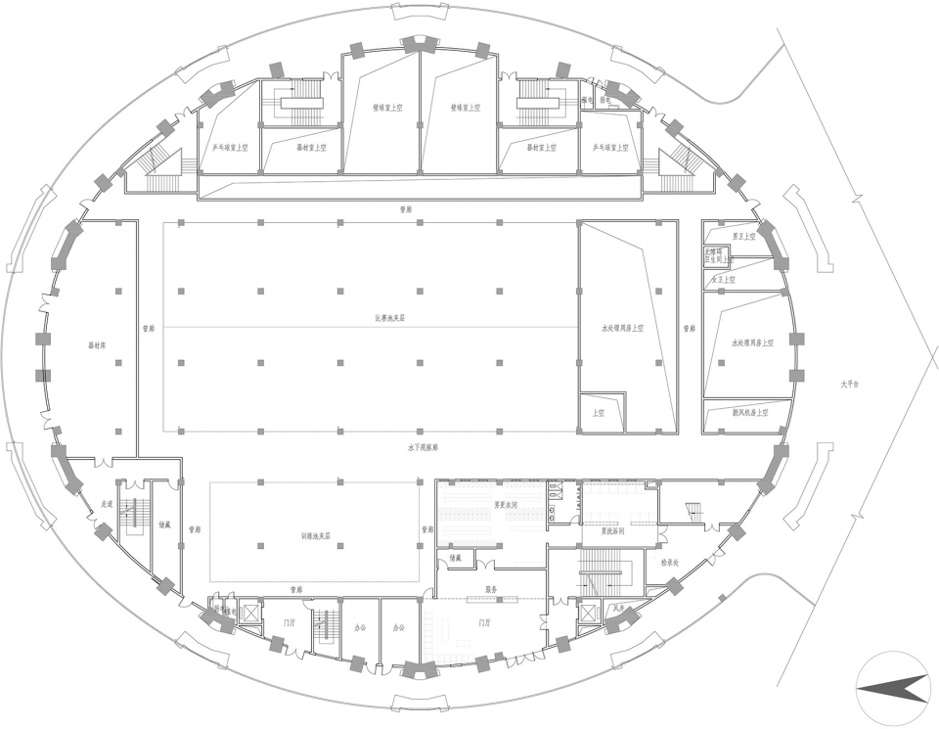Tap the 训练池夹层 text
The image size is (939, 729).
coord(315,536)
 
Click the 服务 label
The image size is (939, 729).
coord(493,590)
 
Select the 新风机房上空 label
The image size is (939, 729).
coord(749,413)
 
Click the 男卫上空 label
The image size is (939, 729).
coord(744,236)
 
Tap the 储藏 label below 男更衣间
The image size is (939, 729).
coord(455,558)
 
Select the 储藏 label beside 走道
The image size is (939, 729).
coord(164,524)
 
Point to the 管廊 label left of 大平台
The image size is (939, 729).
coord(689,329)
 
